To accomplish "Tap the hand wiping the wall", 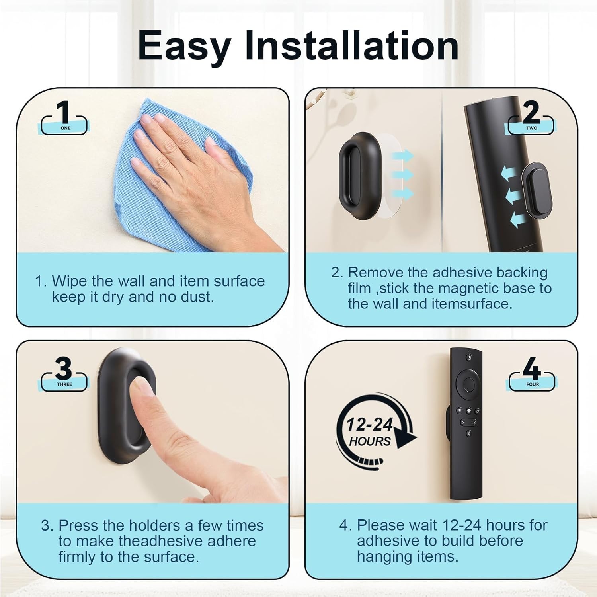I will pyautogui.click(x=187, y=159).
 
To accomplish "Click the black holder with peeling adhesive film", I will pyautogui.click(x=356, y=175).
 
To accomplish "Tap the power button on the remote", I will pyautogui.click(x=469, y=357).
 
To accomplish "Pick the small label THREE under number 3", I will pyautogui.click(x=64, y=384).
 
